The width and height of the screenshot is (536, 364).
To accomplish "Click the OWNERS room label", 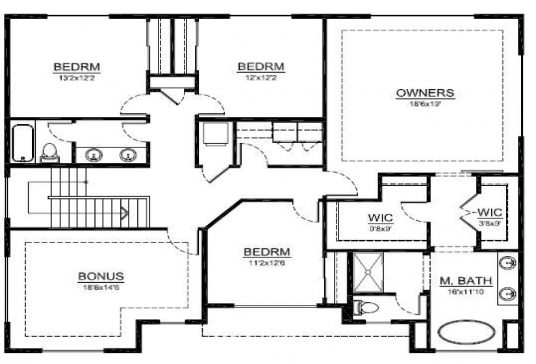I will (x=425, y=93).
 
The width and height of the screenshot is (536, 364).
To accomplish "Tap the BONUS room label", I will (x=101, y=276).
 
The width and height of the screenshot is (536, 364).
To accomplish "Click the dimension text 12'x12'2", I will (x=261, y=76).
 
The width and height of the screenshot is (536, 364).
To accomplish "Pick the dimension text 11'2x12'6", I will (x=266, y=263).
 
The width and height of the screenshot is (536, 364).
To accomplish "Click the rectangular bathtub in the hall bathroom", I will (x=23, y=142).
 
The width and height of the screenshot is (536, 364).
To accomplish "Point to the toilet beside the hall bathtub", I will (x=49, y=153).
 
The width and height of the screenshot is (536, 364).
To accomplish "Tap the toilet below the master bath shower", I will (x=366, y=306).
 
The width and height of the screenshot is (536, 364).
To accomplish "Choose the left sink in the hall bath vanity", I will (x=94, y=155).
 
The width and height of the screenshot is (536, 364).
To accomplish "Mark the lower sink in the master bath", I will (x=508, y=294).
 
